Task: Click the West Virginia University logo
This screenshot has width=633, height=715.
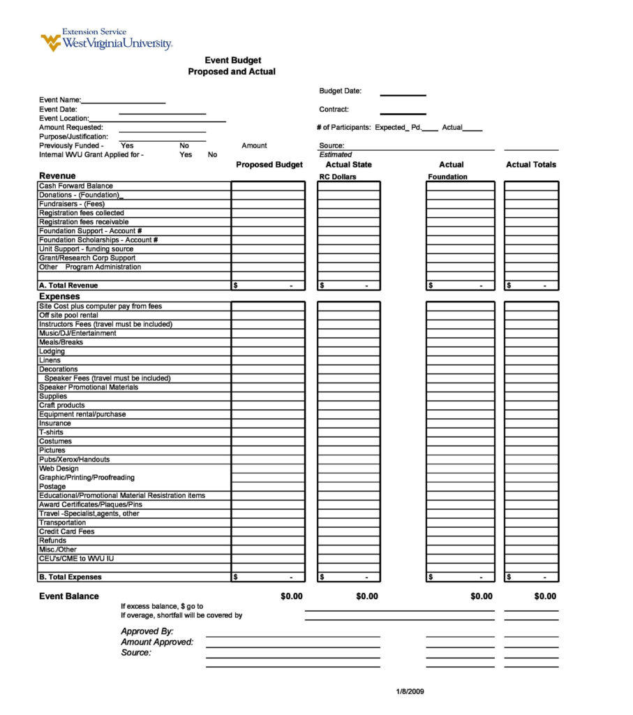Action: click(106, 40)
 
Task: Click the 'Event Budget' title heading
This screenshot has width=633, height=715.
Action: click(232, 61)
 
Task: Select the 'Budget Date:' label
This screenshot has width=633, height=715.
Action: click(340, 91)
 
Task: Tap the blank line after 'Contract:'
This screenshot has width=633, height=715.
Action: click(403, 112)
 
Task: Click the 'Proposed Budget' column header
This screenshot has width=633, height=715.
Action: click(269, 165)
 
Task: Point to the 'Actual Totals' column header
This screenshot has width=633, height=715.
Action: click(531, 165)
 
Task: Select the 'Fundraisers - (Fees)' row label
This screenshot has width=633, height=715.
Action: click(72, 204)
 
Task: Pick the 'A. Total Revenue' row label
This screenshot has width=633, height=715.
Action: click(68, 286)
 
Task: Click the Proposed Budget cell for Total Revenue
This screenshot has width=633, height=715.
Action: click(269, 286)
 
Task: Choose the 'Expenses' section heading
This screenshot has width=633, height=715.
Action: click(59, 297)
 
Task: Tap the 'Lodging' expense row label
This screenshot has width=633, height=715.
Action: click(52, 352)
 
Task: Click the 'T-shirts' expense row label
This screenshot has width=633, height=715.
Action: click(51, 433)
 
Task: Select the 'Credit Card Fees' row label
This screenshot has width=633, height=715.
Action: click(66, 532)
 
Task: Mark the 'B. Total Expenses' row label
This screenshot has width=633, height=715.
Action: click(70, 577)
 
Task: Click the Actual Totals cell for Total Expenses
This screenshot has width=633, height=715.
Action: click(531, 577)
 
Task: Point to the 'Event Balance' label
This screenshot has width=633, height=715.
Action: click(69, 596)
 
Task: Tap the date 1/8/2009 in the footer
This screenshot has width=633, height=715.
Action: click(410, 692)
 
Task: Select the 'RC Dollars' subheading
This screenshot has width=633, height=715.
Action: click(338, 177)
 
